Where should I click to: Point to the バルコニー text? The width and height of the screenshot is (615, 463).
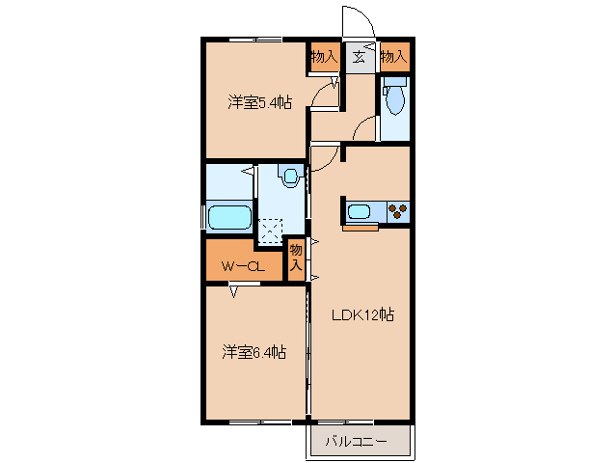coord(356,442)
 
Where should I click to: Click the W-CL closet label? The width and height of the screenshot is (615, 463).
coord(242,267)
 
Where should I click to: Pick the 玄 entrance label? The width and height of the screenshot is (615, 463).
coord(359,57)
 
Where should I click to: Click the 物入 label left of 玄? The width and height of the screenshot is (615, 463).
coord(324,57)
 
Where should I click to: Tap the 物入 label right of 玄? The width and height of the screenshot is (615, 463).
coord(393,57)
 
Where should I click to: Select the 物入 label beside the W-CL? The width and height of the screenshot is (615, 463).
coord(297,258)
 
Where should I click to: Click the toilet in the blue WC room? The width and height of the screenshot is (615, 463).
coord(394,98)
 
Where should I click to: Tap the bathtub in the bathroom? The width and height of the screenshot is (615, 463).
coord(230,216)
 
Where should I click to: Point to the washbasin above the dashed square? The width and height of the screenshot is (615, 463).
coord(289,175)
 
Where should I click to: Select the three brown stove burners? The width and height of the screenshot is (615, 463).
coord(397,211)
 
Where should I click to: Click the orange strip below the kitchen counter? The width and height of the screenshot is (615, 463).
coord(361,229)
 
